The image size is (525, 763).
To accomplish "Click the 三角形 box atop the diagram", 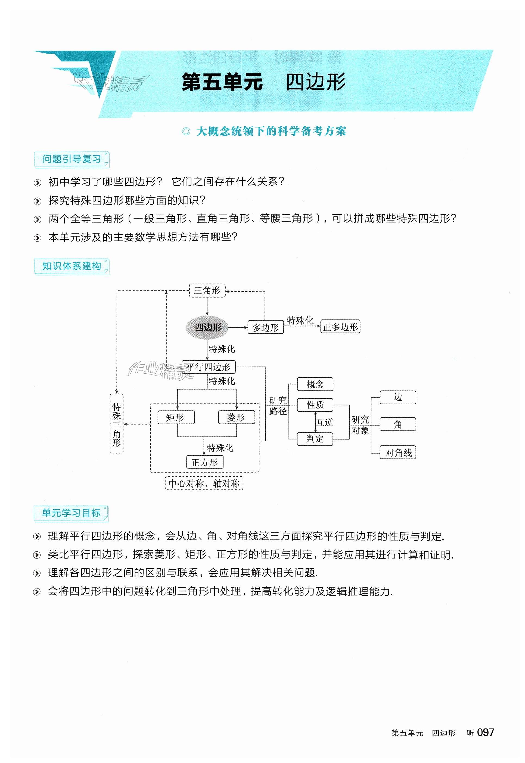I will [207, 290].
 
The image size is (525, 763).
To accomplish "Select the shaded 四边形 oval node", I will [207, 327].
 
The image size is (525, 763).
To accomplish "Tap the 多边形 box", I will [265, 327].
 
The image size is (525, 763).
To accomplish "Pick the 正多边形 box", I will [340, 327].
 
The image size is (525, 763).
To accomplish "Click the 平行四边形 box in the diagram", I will [209, 367].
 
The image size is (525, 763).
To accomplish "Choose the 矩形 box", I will [176, 417].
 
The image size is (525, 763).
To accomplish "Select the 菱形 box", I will [236, 417].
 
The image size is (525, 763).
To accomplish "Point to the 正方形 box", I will [205, 462].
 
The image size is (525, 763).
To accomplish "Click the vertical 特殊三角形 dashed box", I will [116, 423].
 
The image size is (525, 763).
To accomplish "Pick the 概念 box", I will [315, 384].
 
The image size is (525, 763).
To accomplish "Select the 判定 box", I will [315, 439].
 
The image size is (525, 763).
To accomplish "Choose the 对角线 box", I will [398, 453].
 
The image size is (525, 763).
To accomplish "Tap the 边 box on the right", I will [398, 398].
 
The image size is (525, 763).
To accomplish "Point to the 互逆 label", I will [325, 422].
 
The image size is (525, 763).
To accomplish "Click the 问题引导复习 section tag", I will [72, 159].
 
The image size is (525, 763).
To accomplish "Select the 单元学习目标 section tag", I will [71, 513].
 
